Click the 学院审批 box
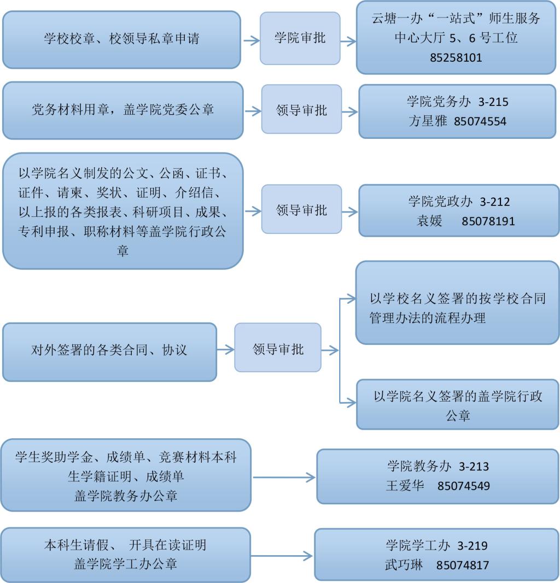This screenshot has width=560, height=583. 300,38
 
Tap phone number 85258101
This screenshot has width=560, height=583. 456,57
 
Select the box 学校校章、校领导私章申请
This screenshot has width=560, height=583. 121,39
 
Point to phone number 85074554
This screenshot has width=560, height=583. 480,121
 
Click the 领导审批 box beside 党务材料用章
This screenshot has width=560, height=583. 301,110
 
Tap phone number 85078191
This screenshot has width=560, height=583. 488,221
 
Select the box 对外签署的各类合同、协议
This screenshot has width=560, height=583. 109,350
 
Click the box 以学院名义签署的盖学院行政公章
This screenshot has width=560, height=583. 458,405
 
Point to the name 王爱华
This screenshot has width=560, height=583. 405,485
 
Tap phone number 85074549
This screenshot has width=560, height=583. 464,485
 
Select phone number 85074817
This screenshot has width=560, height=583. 463,564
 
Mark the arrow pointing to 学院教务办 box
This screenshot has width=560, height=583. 284,477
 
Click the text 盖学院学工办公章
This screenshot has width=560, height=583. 126,563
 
